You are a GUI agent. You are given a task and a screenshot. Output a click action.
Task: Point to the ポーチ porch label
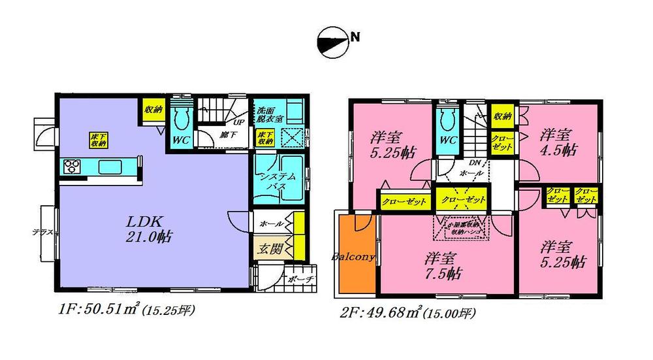[x=300, y=278]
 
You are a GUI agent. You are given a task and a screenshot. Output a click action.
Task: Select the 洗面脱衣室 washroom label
[x=268, y=114]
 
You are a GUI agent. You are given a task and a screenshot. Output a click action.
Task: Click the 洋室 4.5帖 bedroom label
[x=556, y=142]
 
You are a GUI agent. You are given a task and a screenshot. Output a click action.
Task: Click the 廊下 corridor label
[x=228, y=135]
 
